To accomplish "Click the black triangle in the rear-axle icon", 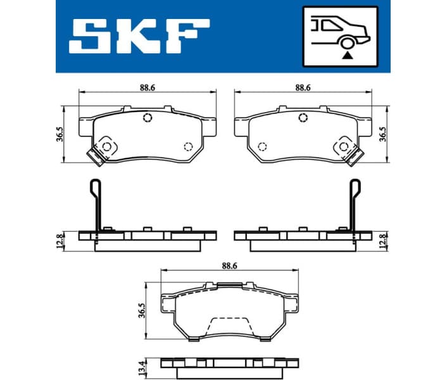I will click(x=346, y=56).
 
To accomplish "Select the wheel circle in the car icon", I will click(x=346, y=43).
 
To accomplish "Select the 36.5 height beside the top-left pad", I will click(x=60, y=135).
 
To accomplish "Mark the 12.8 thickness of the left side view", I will click(x=60, y=241).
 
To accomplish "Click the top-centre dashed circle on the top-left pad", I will click(x=148, y=118).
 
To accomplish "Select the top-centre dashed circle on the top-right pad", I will click(x=303, y=118).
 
